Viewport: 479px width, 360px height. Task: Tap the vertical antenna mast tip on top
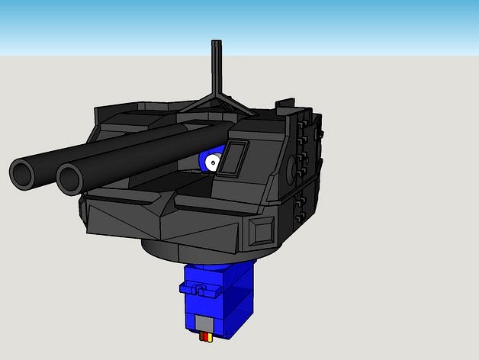tap(216, 43)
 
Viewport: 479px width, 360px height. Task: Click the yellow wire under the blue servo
tap(210, 338)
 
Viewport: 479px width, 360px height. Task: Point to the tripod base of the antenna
tap(216, 103)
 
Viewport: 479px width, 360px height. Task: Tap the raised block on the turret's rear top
tap(285, 104)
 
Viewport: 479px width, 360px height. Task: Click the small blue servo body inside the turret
tap(205, 162)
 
